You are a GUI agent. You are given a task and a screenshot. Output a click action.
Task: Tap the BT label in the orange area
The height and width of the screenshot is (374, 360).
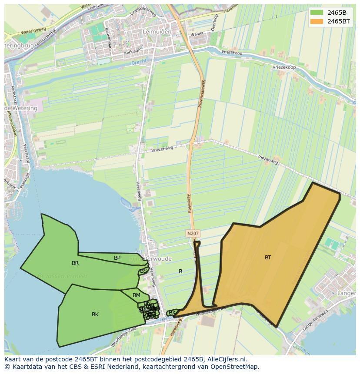click(268, 258)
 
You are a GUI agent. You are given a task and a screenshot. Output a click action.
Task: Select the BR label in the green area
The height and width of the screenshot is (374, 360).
click(75, 263)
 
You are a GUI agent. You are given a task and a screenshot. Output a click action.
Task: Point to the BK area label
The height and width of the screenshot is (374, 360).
click(95, 314)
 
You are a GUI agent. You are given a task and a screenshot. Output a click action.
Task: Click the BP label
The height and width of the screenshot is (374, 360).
click(117, 258)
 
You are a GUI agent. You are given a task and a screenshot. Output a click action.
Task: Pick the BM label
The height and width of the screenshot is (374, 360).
click(137, 295)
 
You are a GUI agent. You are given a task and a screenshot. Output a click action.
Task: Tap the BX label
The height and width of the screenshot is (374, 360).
click(172, 312)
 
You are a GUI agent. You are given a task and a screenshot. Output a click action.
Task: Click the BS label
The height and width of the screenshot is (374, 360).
click(143, 271)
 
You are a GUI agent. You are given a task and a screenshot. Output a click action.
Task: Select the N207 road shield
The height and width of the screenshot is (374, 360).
click(193, 234)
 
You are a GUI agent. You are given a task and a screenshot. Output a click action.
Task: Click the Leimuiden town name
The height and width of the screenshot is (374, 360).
click(156, 32)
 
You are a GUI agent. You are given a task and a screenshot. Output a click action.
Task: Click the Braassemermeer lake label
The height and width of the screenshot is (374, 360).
click(63, 276)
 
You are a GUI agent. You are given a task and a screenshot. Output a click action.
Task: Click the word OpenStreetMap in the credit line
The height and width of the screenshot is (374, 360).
click(236, 367)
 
